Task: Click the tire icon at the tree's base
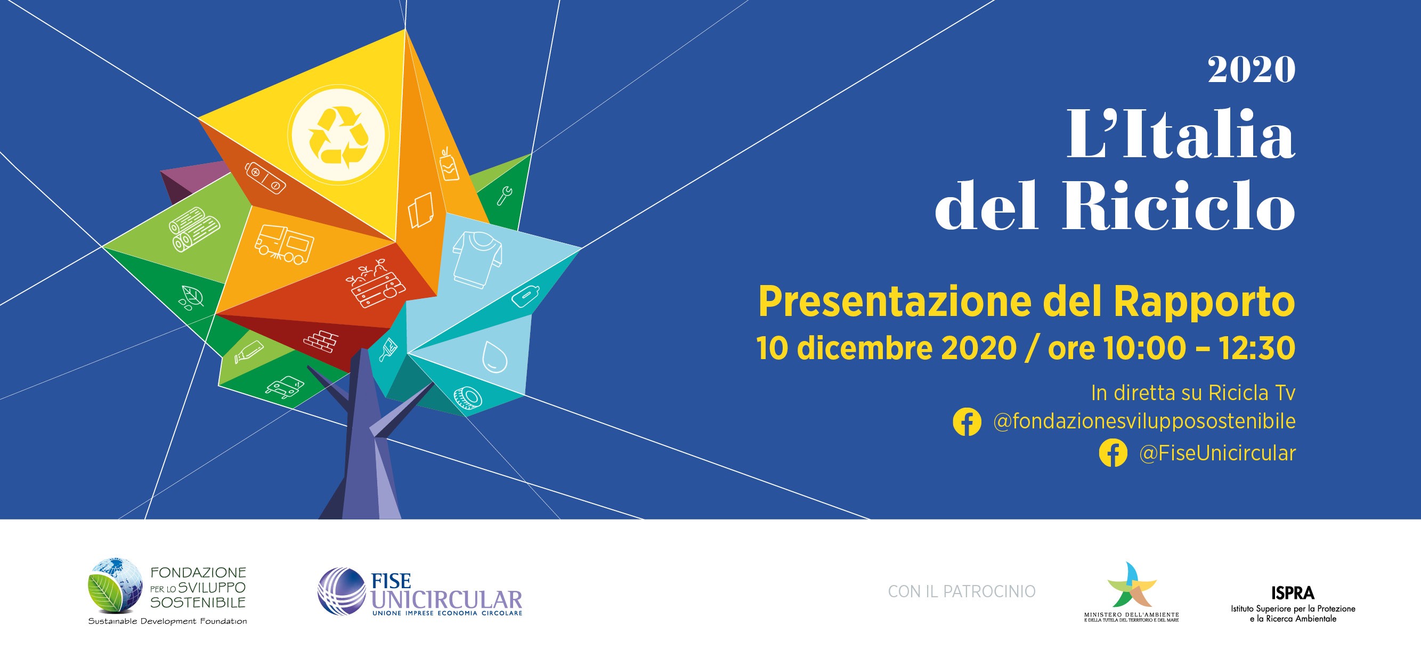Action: tap(467, 398)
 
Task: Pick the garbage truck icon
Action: tap(284, 244)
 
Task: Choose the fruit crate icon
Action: tap(375, 283)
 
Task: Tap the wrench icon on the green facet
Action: tap(504, 196)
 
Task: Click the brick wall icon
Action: tap(321, 341)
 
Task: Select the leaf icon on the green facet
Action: tap(191, 297)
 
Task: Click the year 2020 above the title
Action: tap(1251, 69)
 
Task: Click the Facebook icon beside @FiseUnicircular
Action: tap(1113, 453)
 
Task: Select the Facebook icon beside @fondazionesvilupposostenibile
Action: tap(967, 421)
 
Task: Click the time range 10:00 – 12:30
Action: tap(1199, 348)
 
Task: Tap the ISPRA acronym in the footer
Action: tap(1293, 593)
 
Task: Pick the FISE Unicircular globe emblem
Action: tap(342, 591)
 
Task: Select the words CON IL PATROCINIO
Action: tap(962, 591)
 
